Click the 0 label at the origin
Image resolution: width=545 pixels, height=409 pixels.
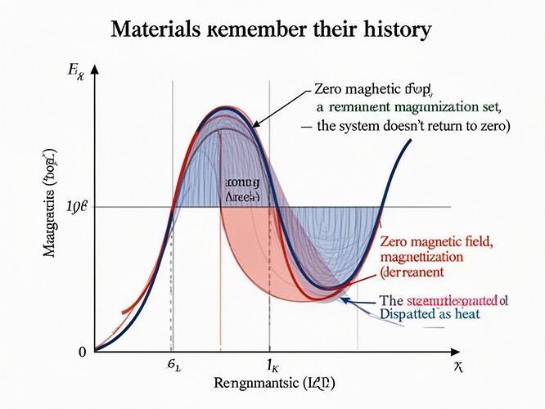point(82,353)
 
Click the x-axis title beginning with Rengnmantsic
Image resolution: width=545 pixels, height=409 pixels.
point(273,383)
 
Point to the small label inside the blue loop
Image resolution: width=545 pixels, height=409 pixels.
point(242,191)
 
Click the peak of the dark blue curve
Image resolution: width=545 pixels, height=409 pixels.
point(222,109)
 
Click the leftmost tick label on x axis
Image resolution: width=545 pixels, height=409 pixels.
point(173,366)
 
